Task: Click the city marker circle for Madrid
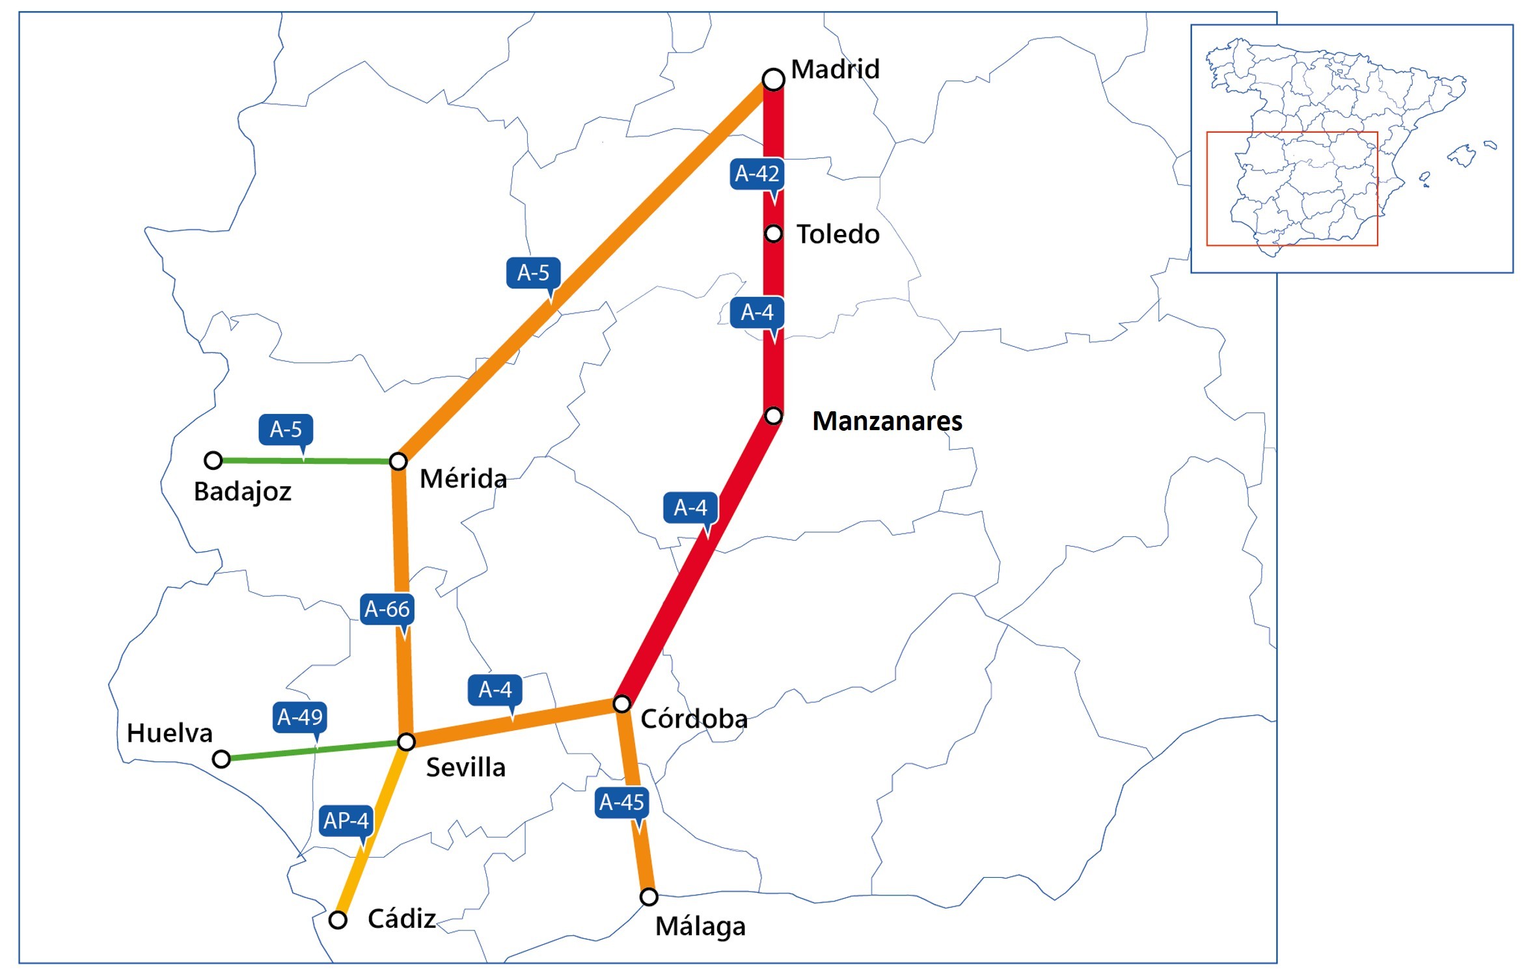click(x=773, y=79)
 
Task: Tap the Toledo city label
click(x=838, y=234)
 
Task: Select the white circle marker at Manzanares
click(x=773, y=415)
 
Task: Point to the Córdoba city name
click(x=694, y=719)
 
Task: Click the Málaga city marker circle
click(x=649, y=897)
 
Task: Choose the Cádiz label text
click(x=402, y=919)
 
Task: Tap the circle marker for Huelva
click(x=221, y=759)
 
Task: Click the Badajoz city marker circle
click(x=213, y=461)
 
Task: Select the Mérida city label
click(x=463, y=479)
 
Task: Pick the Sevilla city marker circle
click(x=406, y=742)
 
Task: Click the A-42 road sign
click(x=757, y=174)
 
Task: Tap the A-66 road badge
click(x=387, y=609)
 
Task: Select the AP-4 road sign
click(x=346, y=821)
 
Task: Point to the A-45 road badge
click(x=621, y=802)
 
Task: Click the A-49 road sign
click(x=299, y=717)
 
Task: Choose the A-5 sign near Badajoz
click(x=286, y=429)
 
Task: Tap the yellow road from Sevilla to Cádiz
click(x=371, y=833)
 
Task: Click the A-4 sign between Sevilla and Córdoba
click(x=495, y=690)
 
